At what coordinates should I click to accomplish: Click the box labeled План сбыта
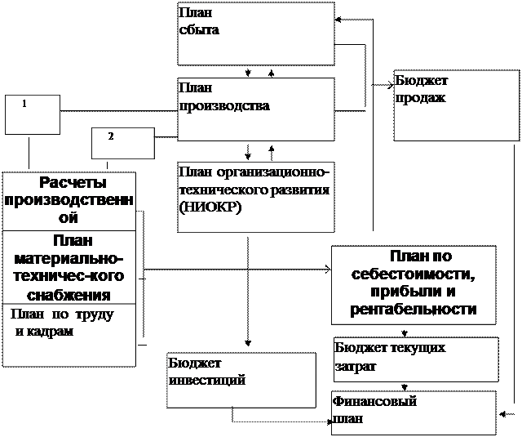pos(256,33)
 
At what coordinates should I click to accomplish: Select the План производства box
pos(256,109)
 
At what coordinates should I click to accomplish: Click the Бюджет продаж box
pos(456,105)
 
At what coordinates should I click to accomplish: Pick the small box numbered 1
pos(33,114)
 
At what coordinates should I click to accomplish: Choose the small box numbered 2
pos(122,143)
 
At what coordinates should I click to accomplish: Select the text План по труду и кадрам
pos(62,323)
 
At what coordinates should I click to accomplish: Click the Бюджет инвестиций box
pos(241,380)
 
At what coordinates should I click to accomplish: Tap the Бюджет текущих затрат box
pos(415,359)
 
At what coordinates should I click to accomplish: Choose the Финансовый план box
pos(414,412)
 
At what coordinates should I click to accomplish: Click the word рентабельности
pos(414,310)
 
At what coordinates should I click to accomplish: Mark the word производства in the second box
pos(224,106)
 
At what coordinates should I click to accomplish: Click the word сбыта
pos(199,30)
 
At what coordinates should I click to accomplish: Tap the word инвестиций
pos(207,380)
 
